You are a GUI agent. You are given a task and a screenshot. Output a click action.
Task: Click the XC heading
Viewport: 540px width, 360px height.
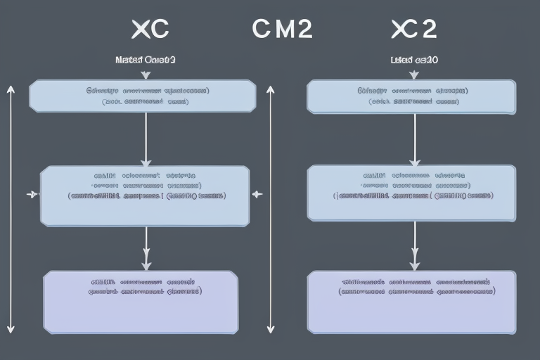pyautogui.click(x=150, y=29)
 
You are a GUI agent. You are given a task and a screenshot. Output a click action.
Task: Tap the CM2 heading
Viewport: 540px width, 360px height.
pyautogui.click(x=281, y=29)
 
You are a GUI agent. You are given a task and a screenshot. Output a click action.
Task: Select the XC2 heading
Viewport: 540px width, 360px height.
pyautogui.click(x=413, y=29)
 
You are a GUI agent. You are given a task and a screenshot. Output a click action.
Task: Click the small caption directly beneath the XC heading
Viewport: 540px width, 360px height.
pyautogui.click(x=145, y=60)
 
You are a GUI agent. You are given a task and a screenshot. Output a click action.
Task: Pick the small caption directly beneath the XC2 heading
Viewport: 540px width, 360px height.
pyautogui.click(x=414, y=60)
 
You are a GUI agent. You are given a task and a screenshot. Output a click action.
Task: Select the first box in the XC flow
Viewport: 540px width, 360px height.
pyautogui.click(x=142, y=96)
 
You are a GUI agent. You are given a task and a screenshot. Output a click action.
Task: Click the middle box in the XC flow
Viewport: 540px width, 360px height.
pyautogui.click(x=144, y=195)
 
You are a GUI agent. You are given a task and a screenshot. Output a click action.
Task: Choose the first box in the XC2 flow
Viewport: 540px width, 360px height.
pyautogui.click(x=411, y=96)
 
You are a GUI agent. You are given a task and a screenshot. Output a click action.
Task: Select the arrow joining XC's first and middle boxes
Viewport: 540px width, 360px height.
pyautogui.click(x=146, y=139)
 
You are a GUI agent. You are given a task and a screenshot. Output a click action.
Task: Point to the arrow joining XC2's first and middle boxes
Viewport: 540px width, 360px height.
pyautogui.click(x=414, y=139)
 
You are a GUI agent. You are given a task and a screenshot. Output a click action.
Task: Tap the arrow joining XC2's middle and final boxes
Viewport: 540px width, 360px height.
pyautogui.click(x=414, y=246)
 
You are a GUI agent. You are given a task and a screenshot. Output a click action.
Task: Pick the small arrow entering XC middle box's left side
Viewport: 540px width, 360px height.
pyautogui.click(x=32, y=194)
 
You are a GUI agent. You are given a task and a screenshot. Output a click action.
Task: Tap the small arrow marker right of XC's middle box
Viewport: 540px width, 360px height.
pyautogui.click(x=256, y=194)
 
